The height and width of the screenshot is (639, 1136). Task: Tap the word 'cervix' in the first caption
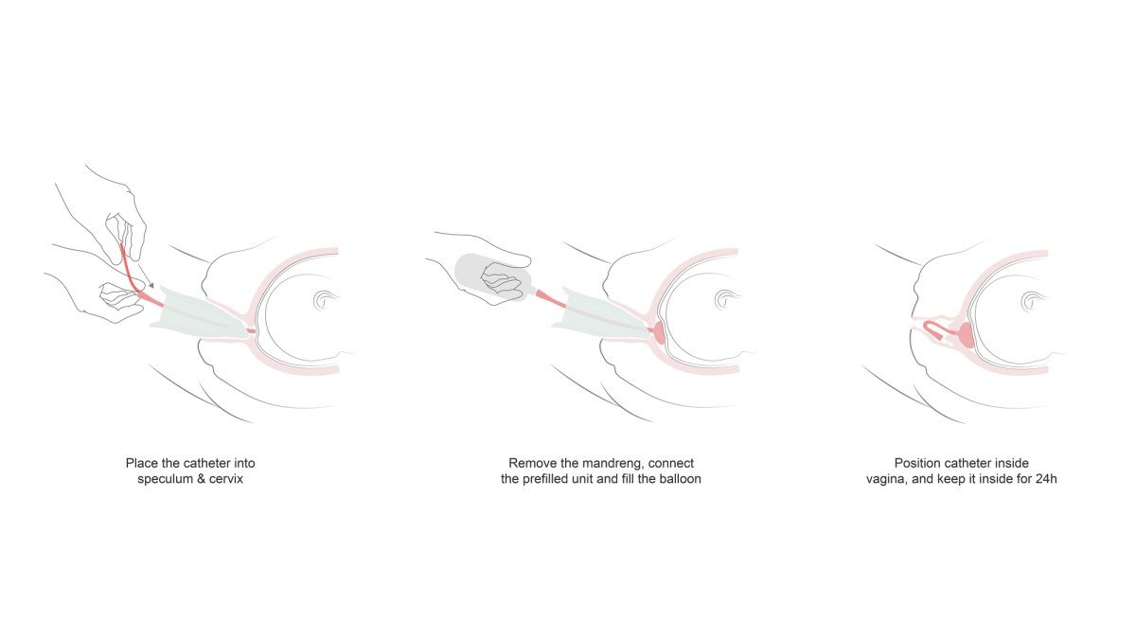(225, 479)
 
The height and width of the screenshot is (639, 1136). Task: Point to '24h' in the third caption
(1046, 479)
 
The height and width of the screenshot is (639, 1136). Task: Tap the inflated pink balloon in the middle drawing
(658, 332)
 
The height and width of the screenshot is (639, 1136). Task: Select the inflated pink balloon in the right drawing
(965, 335)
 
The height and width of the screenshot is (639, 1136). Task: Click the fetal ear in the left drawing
(324, 300)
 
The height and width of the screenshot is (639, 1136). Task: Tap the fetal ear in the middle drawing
(725, 300)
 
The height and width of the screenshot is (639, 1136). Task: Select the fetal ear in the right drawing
(1032, 301)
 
